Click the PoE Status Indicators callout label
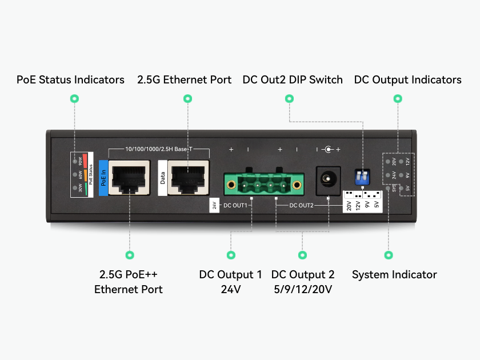[x=70, y=79]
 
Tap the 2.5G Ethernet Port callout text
[x=185, y=79]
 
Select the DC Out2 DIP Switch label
[x=293, y=79]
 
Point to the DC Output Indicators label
[x=407, y=79]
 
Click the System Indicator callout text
[x=394, y=275]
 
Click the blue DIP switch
[x=361, y=177]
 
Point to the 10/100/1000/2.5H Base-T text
[x=159, y=149]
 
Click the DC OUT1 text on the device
[x=235, y=205]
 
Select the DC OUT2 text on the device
[x=301, y=205]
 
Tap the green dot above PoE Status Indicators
[x=74, y=99]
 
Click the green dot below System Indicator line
[x=389, y=255]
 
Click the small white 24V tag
[x=214, y=205]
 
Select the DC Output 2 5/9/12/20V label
[x=303, y=282]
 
